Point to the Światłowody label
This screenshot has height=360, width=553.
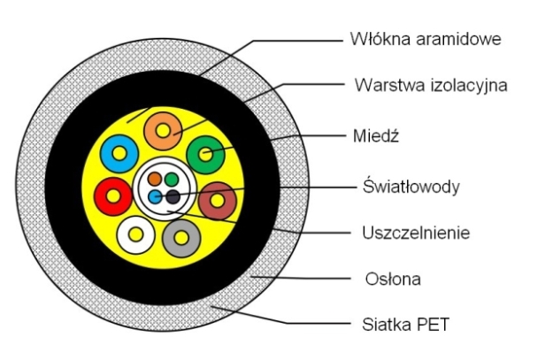pos(412,187)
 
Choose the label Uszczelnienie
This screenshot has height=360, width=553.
pos(415,234)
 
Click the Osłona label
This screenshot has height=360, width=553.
pos(386,280)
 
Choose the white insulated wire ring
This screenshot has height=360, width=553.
pos(136,234)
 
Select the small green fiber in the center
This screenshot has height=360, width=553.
pos(171,180)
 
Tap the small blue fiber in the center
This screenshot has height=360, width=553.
pos(155,195)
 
